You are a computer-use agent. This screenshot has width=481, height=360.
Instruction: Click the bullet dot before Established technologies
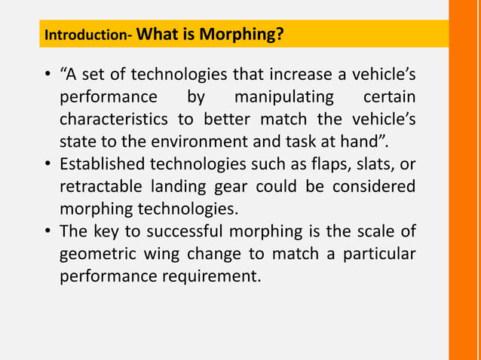tap(47, 164)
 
